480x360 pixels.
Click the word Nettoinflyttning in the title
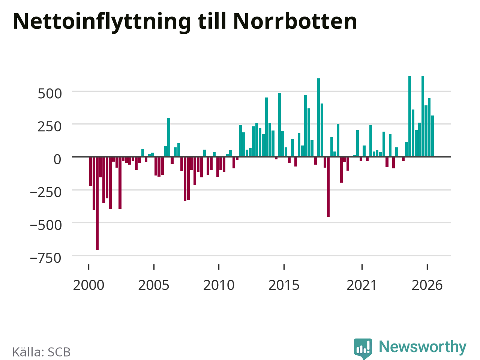tap(102, 22)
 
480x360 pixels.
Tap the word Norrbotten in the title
tap(295, 21)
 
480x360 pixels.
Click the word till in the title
tap(212, 21)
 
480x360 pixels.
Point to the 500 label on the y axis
tap(50, 94)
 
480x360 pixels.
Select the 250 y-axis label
tap(49, 127)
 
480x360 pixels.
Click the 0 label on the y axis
tap(57, 159)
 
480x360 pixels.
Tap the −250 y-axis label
tap(46, 193)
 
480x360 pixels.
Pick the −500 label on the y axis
tap(46, 225)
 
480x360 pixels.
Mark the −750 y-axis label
tap(46, 258)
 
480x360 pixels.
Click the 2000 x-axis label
tap(88, 285)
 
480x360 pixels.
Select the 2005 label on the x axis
tap(154, 285)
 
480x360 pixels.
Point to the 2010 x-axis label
tap(219, 285)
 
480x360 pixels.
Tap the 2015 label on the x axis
tap(284, 285)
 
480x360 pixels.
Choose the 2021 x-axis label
tap(362, 285)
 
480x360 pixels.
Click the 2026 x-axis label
tap(427, 285)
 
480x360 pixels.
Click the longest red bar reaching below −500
tap(97, 203)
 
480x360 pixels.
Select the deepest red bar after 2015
tap(328, 187)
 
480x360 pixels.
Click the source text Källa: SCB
tap(42, 352)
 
